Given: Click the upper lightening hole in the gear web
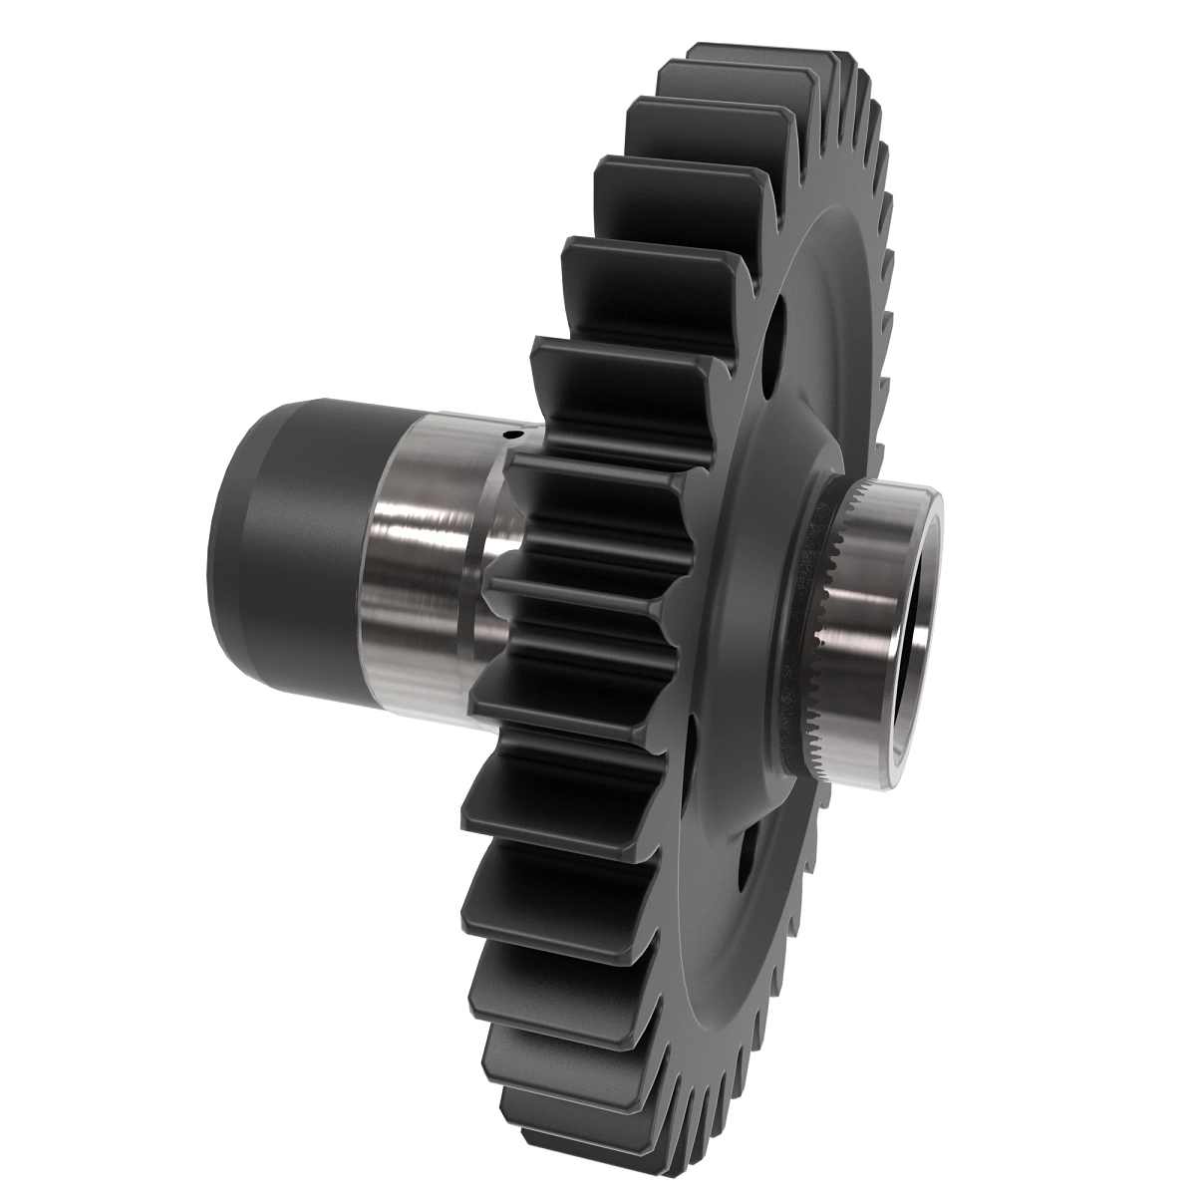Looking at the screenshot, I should coord(776,338).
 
